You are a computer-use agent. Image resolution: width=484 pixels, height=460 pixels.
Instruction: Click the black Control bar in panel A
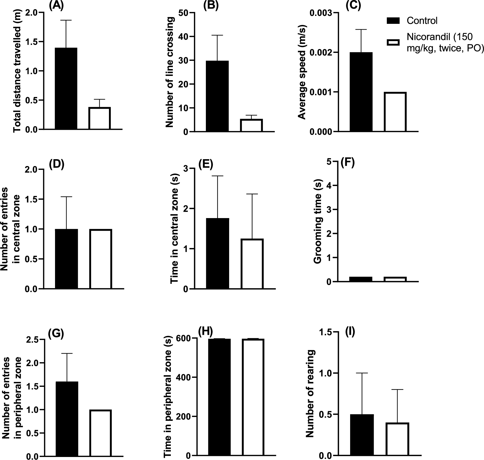point(66,88)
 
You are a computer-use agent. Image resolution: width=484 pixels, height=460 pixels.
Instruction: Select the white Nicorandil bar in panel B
point(251,125)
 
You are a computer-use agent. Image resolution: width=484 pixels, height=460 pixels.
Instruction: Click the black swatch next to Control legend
point(393,21)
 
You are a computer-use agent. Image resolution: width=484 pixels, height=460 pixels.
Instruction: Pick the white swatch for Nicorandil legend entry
point(393,42)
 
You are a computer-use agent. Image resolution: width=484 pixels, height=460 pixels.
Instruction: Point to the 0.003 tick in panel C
point(320,13)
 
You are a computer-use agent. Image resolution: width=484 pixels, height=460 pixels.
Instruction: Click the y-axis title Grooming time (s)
point(317,221)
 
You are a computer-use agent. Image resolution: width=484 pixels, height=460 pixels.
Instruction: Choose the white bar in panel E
point(252,264)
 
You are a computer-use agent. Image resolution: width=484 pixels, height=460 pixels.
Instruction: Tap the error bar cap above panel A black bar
point(66,20)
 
